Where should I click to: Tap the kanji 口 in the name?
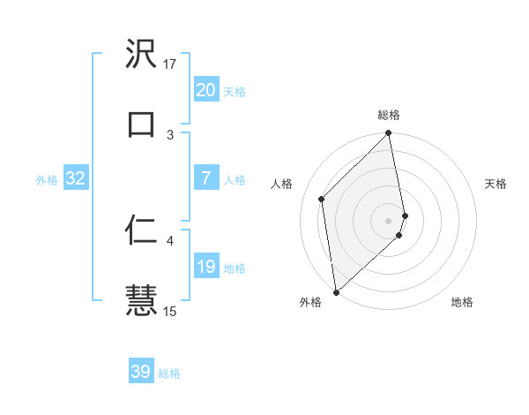click(x=141, y=124)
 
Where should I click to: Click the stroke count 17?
click(x=170, y=64)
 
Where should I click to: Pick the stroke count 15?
click(x=170, y=311)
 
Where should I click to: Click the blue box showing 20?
click(x=205, y=90)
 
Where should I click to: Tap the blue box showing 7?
click(x=205, y=178)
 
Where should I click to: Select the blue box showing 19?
click(x=205, y=267)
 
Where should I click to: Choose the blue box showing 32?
click(x=76, y=178)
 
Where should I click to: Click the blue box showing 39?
click(x=141, y=372)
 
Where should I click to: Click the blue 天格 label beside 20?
click(x=234, y=92)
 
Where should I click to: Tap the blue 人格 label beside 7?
click(x=234, y=180)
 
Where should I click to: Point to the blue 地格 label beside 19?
click(x=234, y=268)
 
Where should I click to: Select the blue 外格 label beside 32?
click(x=47, y=180)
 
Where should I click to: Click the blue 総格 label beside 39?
click(x=169, y=373)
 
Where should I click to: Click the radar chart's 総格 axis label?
click(x=389, y=115)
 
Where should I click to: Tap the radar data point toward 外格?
click(x=336, y=291)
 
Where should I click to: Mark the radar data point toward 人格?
click(x=322, y=199)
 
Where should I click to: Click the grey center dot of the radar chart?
click(x=389, y=220)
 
